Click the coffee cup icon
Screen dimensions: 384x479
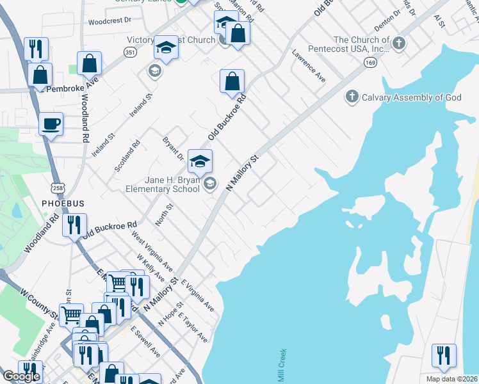pyautogui.click(x=51, y=123)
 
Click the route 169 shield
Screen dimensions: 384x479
pyautogui.click(x=371, y=63)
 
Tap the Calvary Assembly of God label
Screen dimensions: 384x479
pyautogui.click(x=412, y=97)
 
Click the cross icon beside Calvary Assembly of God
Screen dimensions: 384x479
pyautogui.click(x=352, y=97)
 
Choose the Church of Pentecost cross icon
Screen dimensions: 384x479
pyautogui.click(x=398, y=44)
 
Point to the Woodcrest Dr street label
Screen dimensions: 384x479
pyautogui.click(x=110, y=20)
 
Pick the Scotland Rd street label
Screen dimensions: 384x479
pyautogui.click(x=127, y=156)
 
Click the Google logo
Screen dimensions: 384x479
pyautogui.click(x=21, y=376)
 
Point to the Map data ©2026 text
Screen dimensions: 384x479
pyautogui.click(x=451, y=379)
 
